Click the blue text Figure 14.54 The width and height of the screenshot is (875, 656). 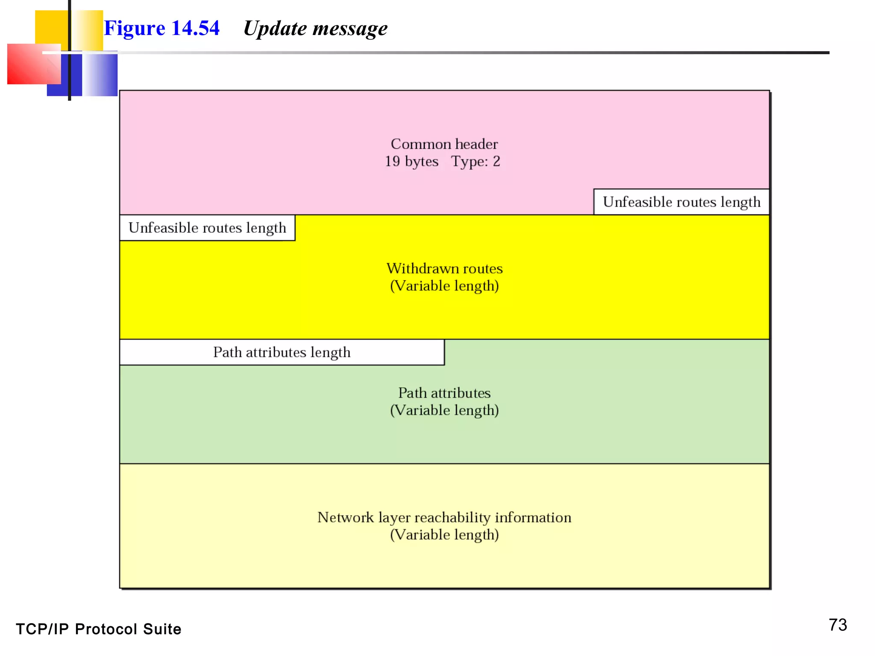pos(161,28)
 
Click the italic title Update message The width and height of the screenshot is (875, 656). pos(315,29)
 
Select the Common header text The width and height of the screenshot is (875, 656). pos(444,144)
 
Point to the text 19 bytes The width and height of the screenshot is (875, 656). pos(411,161)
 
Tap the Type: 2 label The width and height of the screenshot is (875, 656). pos(476,161)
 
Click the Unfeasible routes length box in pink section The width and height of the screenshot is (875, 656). pos(681,202)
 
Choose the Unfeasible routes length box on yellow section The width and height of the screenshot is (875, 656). pos(207,228)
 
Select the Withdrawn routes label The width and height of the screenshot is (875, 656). pos(444,269)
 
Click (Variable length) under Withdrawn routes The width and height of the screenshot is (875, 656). pos(444,286)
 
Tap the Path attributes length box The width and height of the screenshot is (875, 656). pos(282,352)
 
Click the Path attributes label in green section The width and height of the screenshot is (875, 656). pos(444,393)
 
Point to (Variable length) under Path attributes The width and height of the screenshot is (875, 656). pos(444,410)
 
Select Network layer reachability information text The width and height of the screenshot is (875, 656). pos(444,517)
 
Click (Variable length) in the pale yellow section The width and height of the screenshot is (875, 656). pos(444,535)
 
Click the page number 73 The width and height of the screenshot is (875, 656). pos(837,625)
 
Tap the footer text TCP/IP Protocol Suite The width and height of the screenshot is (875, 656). pos(98,629)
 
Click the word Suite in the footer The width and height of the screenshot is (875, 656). pos(162,629)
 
